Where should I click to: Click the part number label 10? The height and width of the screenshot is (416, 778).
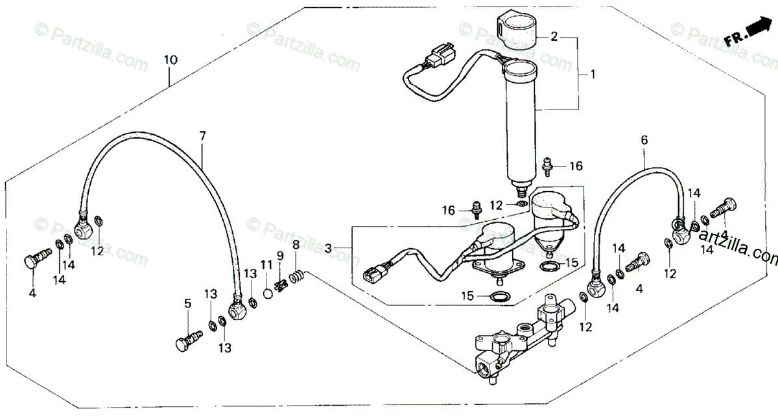pyautogui.click(x=170, y=60)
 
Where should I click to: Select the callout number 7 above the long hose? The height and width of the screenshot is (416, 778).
pyautogui.click(x=202, y=136)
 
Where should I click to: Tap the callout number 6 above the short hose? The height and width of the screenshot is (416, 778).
pyautogui.click(x=644, y=140)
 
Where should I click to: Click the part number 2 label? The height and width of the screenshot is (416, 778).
pyautogui.click(x=554, y=36)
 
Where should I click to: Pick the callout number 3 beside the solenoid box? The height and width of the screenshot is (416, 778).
pyautogui.click(x=329, y=248)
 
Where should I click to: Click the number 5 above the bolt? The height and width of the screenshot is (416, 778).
pyautogui.click(x=188, y=303)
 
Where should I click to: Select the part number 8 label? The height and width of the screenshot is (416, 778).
pyautogui.click(x=296, y=245)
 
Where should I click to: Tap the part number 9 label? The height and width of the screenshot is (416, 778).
pyautogui.click(x=280, y=255)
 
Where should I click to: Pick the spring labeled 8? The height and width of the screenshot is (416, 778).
pyautogui.click(x=296, y=278)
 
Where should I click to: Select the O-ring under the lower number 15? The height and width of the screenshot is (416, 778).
pyautogui.click(x=499, y=298)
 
